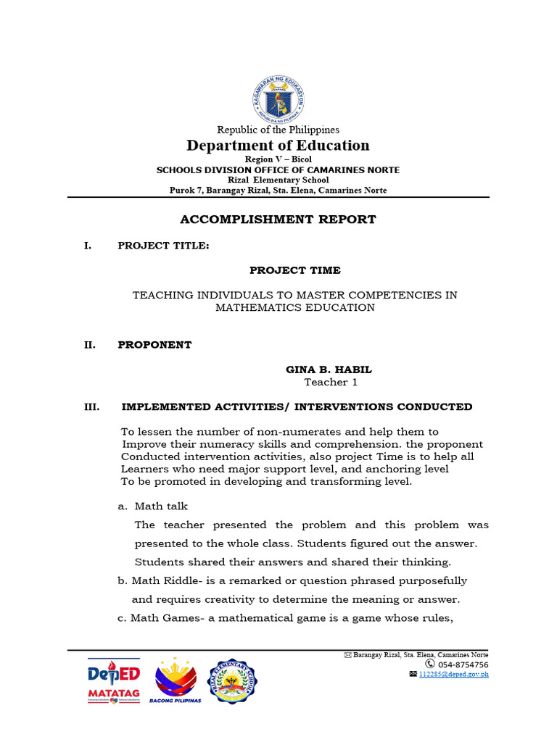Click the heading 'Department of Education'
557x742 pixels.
click(x=278, y=146)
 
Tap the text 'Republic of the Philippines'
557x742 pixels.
click(x=278, y=130)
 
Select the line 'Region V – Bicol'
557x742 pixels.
click(x=278, y=159)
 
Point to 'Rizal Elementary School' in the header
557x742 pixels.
click(x=278, y=180)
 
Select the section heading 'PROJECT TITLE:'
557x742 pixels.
click(x=163, y=246)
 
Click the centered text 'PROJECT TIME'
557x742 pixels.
click(x=294, y=270)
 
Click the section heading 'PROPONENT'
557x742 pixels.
click(x=154, y=345)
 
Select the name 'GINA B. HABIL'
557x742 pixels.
click(x=330, y=370)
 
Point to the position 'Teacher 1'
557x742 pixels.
click(x=330, y=383)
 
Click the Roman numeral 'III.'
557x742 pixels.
click(x=91, y=407)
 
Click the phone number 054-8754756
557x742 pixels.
click(x=462, y=664)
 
